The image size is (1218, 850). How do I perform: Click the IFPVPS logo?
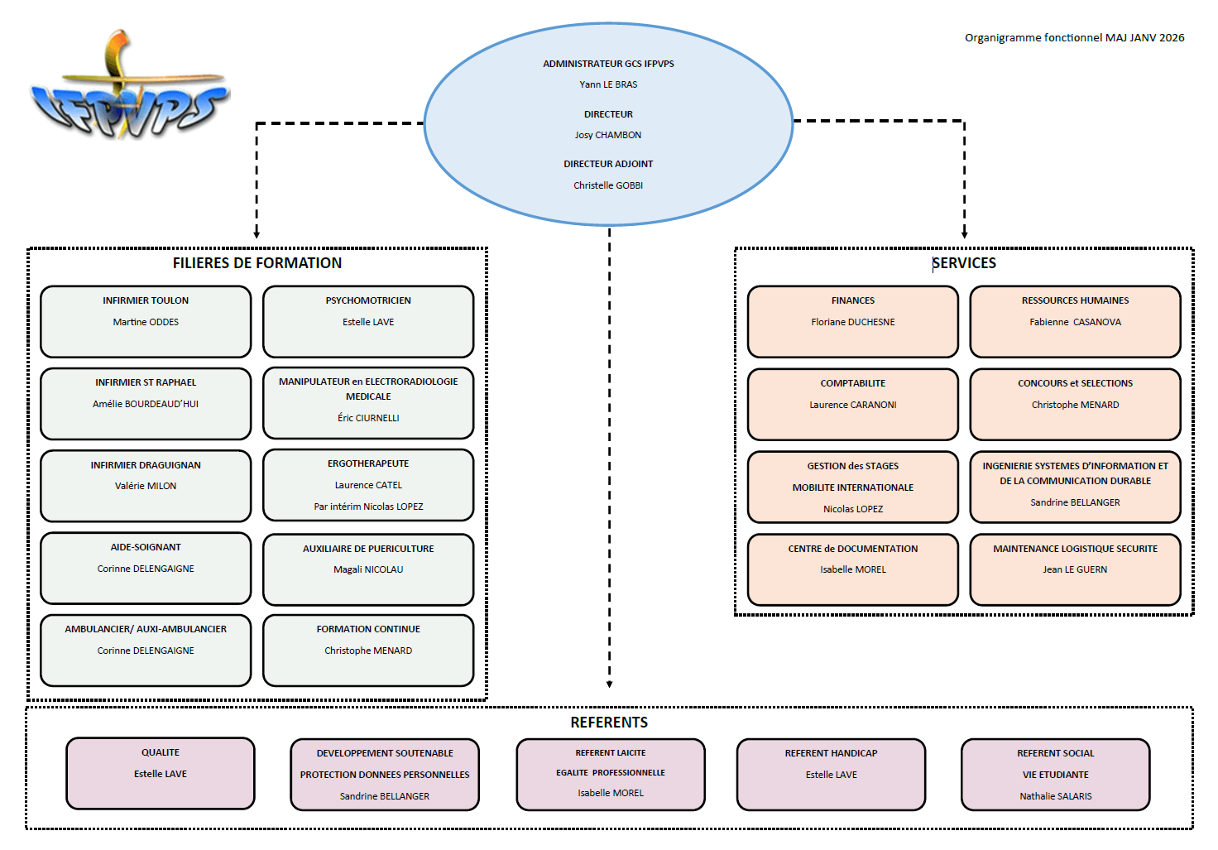(128, 87)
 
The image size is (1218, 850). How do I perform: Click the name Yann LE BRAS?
(608, 84)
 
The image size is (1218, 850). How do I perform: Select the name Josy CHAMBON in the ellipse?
(608, 135)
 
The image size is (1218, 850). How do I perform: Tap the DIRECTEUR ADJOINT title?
(608, 164)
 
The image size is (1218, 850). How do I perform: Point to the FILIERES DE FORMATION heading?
(257, 263)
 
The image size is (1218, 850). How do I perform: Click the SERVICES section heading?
(964, 263)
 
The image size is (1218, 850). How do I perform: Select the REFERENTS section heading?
(609, 723)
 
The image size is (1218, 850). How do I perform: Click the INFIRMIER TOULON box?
(146, 321)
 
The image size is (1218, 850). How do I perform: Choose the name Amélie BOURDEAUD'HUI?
(146, 404)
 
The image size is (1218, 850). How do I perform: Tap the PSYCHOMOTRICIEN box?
(368, 321)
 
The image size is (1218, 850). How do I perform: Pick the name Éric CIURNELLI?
(368, 418)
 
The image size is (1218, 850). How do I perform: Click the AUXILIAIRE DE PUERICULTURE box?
(368, 569)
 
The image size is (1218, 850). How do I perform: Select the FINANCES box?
(853, 321)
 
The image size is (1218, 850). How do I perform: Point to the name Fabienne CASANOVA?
(1075, 322)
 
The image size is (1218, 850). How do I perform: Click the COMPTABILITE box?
(853, 404)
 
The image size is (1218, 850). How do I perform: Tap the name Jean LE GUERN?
(1075, 569)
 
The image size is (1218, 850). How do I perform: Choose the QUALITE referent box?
(161, 773)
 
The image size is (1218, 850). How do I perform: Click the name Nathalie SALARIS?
(1056, 796)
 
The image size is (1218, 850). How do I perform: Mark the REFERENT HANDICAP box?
(832, 774)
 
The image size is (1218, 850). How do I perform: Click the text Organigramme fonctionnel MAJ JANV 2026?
(1074, 37)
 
